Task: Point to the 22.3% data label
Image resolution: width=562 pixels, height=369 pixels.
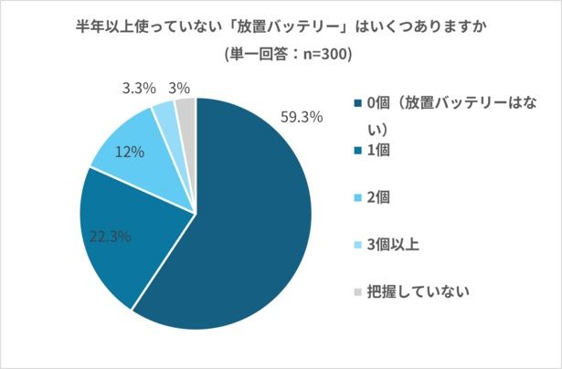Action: pyautogui.click(x=110, y=237)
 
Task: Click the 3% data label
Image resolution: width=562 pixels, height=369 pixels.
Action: pyautogui.click(x=179, y=89)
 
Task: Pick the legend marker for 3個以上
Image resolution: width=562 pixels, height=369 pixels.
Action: pyautogui.click(x=355, y=245)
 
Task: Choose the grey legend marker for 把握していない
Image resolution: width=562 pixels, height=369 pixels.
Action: pyautogui.click(x=355, y=292)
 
